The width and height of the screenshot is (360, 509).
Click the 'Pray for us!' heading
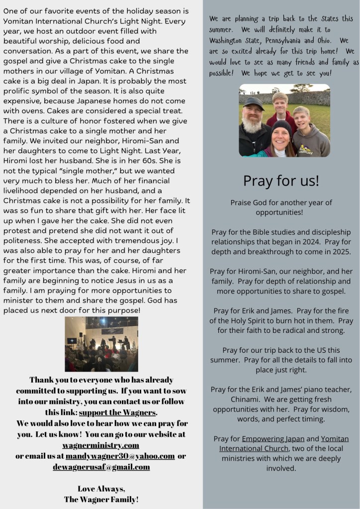(281, 181)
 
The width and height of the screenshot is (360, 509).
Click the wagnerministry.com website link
(100, 445)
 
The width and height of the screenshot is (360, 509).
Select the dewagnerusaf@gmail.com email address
(101, 467)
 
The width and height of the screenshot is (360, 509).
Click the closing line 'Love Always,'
(101, 488)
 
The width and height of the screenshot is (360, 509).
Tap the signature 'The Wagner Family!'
(101, 499)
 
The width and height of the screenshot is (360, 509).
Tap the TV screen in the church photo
(72, 341)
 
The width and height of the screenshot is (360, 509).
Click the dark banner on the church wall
(112, 330)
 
